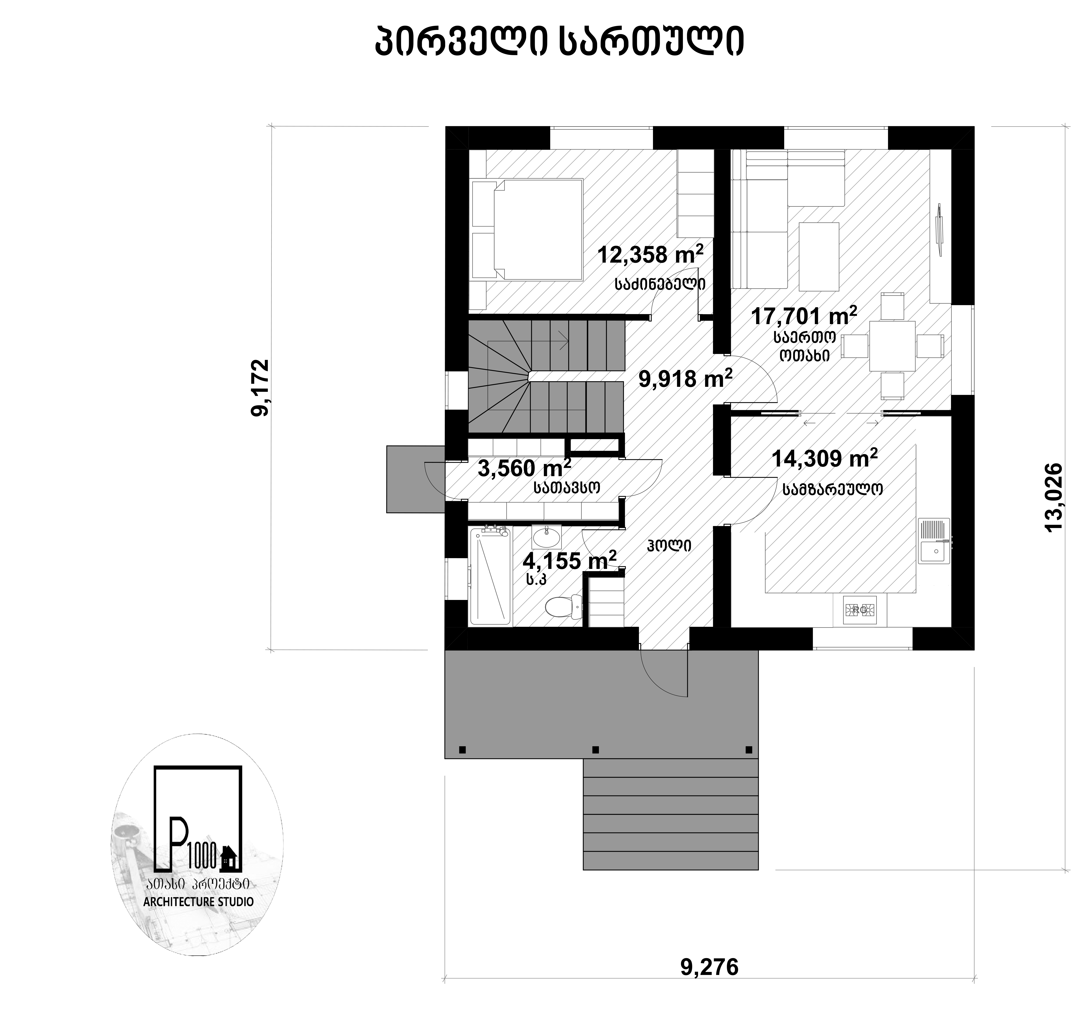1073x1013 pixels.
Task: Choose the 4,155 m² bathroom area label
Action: (570, 560)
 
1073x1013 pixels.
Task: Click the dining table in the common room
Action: (892, 346)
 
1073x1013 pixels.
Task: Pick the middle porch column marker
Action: (596, 750)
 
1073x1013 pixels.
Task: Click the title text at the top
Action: (559, 42)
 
